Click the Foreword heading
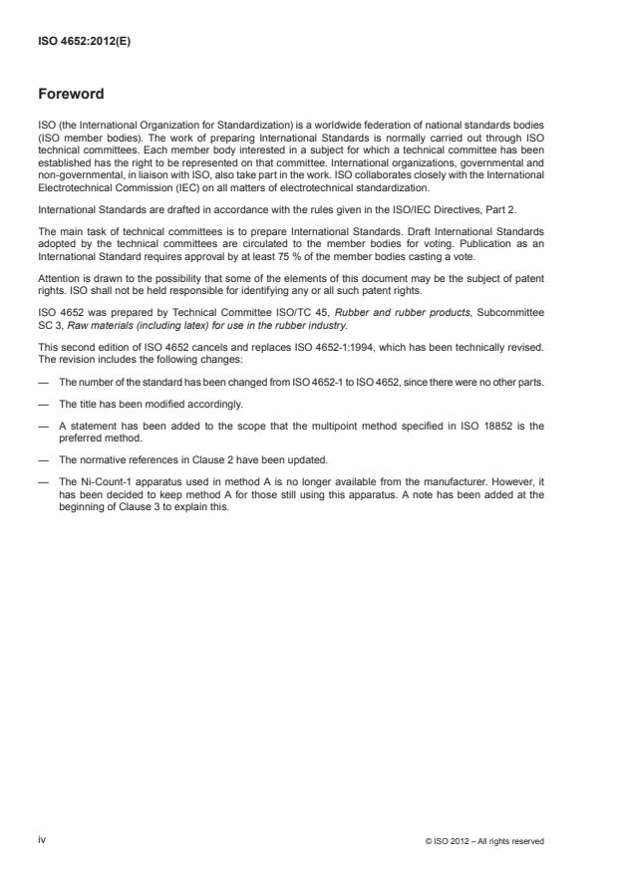click(x=70, y=95)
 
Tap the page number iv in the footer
click(x=41, y=840)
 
